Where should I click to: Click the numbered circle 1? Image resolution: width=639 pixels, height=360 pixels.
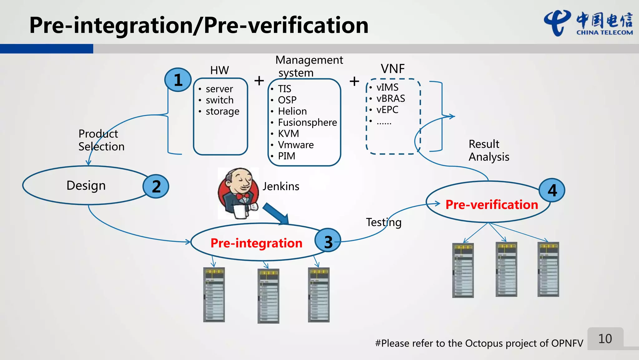click(178, 80)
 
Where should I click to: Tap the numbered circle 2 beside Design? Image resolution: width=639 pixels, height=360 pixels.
click(156, 186)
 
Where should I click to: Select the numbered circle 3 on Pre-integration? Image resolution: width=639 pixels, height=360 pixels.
click(328, 241)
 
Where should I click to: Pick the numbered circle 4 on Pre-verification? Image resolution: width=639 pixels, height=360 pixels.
click(552, 190)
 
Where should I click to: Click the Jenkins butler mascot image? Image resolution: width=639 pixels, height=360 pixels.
click(238, 193)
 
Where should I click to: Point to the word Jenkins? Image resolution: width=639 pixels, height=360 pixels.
click(281, 186)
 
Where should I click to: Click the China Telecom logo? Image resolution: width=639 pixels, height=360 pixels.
click(588, 24)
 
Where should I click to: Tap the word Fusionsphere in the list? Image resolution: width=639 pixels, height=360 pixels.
click(307, 122)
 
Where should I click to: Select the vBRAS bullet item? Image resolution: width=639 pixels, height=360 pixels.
click(390, 99)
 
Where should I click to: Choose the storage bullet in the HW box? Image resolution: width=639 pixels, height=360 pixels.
click(222, 111)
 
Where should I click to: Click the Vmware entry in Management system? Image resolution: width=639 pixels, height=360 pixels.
click(295, 145)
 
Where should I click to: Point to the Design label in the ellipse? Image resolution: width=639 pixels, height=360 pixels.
click(86, 185)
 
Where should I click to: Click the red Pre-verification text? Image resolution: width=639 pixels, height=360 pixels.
click(492, 205)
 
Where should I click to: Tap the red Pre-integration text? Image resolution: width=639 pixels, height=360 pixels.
click(256, 243)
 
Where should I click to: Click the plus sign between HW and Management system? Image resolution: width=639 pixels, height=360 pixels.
click(259, 81)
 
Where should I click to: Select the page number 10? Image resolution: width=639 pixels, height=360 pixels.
click(605, 339)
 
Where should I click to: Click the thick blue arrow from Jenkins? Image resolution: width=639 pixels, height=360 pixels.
click(276, 214)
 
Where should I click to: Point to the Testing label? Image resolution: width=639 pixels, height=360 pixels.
click(383, 222)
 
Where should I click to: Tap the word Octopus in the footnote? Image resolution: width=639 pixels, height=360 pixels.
click(484, 343)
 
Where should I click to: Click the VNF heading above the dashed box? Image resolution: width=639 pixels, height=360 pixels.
click(393, 69)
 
